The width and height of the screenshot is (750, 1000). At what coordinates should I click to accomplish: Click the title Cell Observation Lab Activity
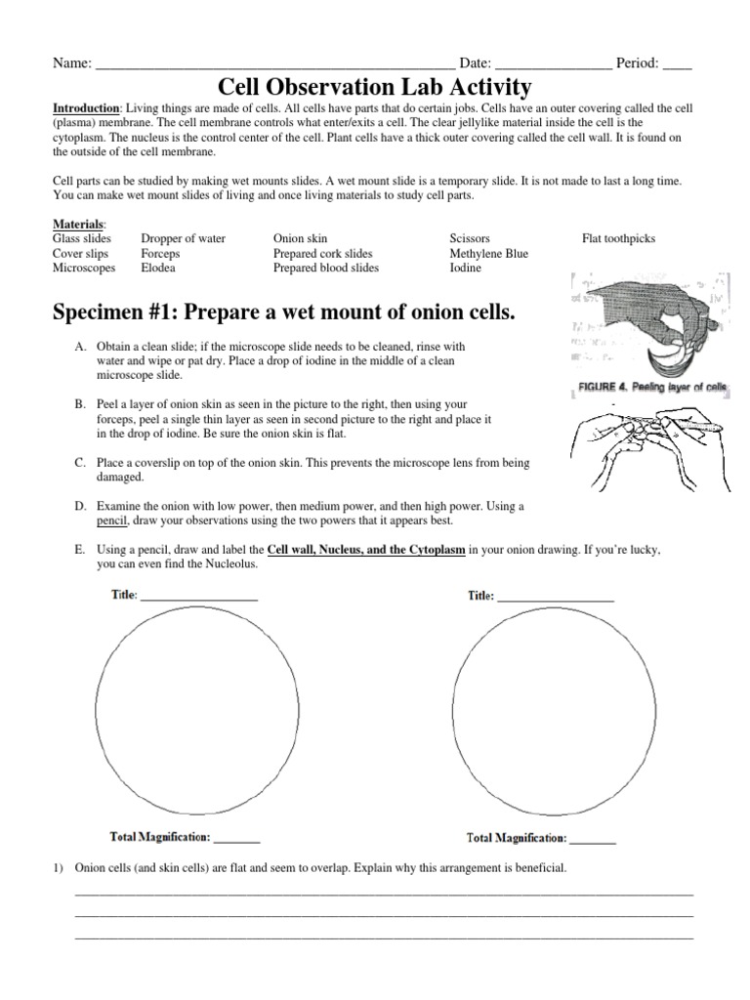[374, 87]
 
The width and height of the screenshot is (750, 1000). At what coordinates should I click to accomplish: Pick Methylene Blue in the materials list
[488, 253]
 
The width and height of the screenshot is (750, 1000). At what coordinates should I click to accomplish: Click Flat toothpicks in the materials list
[618, 238]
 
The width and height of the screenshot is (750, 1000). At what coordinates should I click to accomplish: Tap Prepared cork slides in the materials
[322, 253]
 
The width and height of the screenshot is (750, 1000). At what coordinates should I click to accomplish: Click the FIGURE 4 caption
[647, 388]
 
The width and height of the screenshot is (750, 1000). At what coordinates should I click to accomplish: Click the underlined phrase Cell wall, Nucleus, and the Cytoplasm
[366, 550]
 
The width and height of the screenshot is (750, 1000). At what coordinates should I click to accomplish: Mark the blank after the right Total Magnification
[594, 840]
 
